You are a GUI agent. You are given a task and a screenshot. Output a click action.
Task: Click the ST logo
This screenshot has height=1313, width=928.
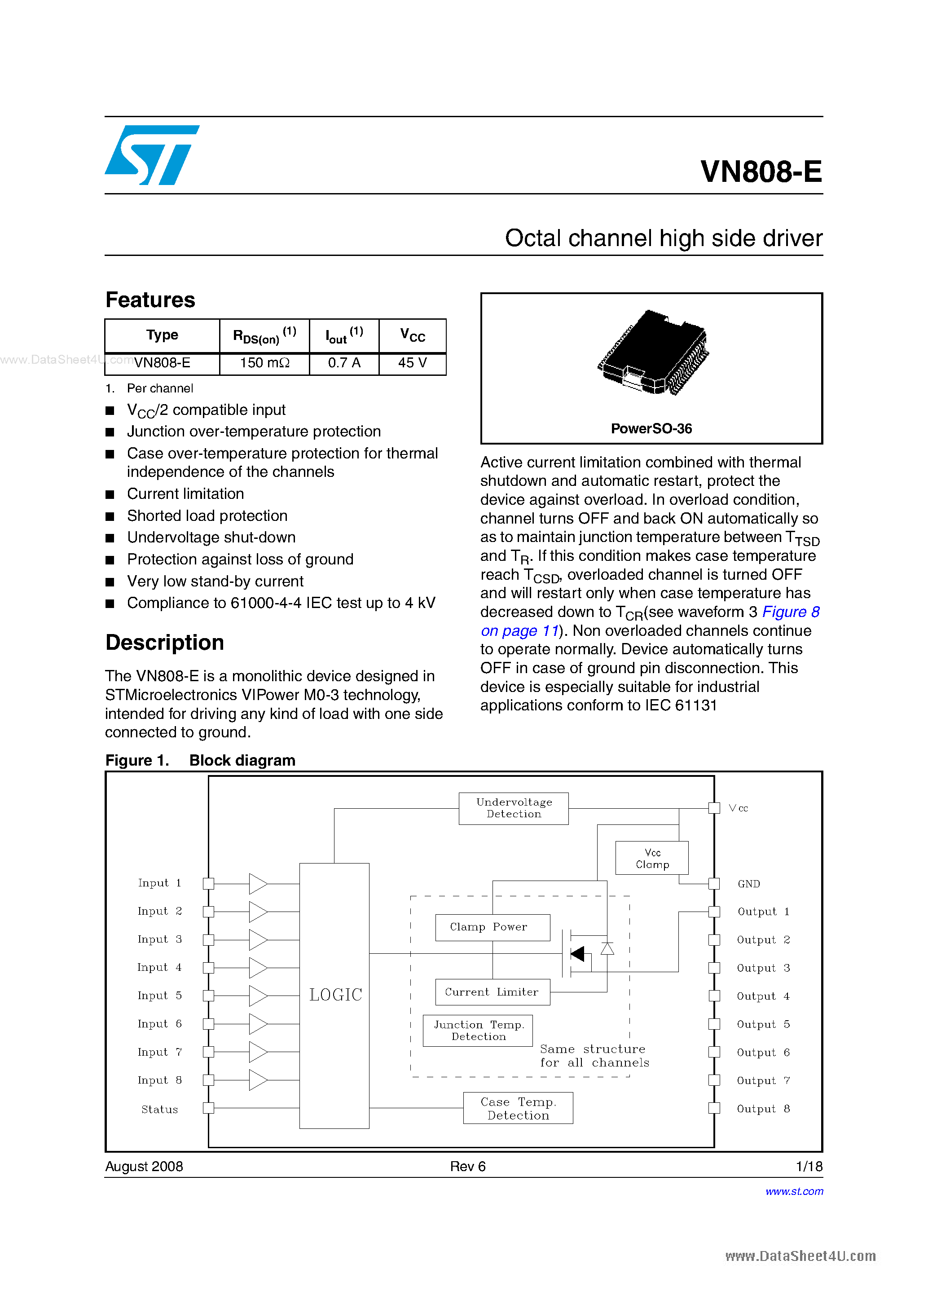(x=151, y=155)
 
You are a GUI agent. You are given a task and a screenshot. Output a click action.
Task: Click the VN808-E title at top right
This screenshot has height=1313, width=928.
(x=761, y=171)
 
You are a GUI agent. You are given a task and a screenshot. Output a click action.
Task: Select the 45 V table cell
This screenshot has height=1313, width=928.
(x=412, y=363)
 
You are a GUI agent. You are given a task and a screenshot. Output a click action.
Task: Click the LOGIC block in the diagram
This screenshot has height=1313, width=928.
(x=334, y=995)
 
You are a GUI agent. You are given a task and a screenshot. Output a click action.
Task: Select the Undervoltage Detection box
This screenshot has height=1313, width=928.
(x=514, y=808)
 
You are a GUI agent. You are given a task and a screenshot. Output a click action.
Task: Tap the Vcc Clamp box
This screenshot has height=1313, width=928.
(x=652, y=858)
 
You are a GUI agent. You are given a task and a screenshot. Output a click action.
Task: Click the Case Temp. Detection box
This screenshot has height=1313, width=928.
(x=518, y=1108)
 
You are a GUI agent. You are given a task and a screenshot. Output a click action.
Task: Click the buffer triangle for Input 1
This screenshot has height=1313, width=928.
(x=257, y=884)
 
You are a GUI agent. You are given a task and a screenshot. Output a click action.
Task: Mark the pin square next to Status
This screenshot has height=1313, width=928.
(x=209, y=1108)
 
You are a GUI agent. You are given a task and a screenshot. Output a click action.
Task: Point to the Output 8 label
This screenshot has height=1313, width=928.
(x=763, y=1109)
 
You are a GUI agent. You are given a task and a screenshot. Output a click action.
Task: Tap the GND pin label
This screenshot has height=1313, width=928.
(x=748, y=884)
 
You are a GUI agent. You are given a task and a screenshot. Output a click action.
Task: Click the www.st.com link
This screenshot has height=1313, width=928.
(x=794, y=1191)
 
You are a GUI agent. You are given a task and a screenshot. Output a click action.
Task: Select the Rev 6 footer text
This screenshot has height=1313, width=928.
(x=467, y=1167)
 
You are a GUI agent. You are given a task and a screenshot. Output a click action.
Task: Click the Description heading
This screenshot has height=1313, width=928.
(x=165, y=643)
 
